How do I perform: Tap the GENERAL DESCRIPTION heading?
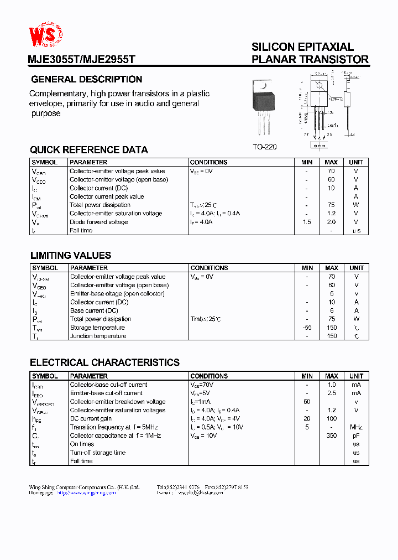pyautogui.click(x=86, y=80)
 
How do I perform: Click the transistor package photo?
pyautogui.click(x=262, y=105)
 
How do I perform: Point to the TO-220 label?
pyautogui.click(x=264, y=147)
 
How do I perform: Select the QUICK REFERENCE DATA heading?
pyautogui.click(x=88, y=150)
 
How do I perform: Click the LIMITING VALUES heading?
pyautogui.click(x=70, y=256)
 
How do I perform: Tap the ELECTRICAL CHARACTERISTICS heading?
pyautogui.click(x=104, y=363)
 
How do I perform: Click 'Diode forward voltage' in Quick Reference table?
pyautogui.click(x=98, y=222)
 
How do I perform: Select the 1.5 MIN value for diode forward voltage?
pyautogui.click(x=307, y=222)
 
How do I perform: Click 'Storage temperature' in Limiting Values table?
pyautogui.click(x=97, y=328)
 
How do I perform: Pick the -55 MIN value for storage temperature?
pyautogui.click(x=307, y=328)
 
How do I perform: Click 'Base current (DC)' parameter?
pyautogui.click(x=93, y=310)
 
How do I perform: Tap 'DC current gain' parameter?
pyautogui.click(x=91, y=419)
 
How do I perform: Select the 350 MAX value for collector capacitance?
pyautogui.click(x=331, y=436)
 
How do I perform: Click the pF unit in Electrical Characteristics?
pyautogui.click(x=356, y=436)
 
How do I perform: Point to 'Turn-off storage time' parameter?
pyautogui.click(x=98, y=453)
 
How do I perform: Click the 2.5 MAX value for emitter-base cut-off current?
pyautogui.click(x=331, y=393)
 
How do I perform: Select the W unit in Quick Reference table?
pyautogui.click(x=356, y=205)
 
